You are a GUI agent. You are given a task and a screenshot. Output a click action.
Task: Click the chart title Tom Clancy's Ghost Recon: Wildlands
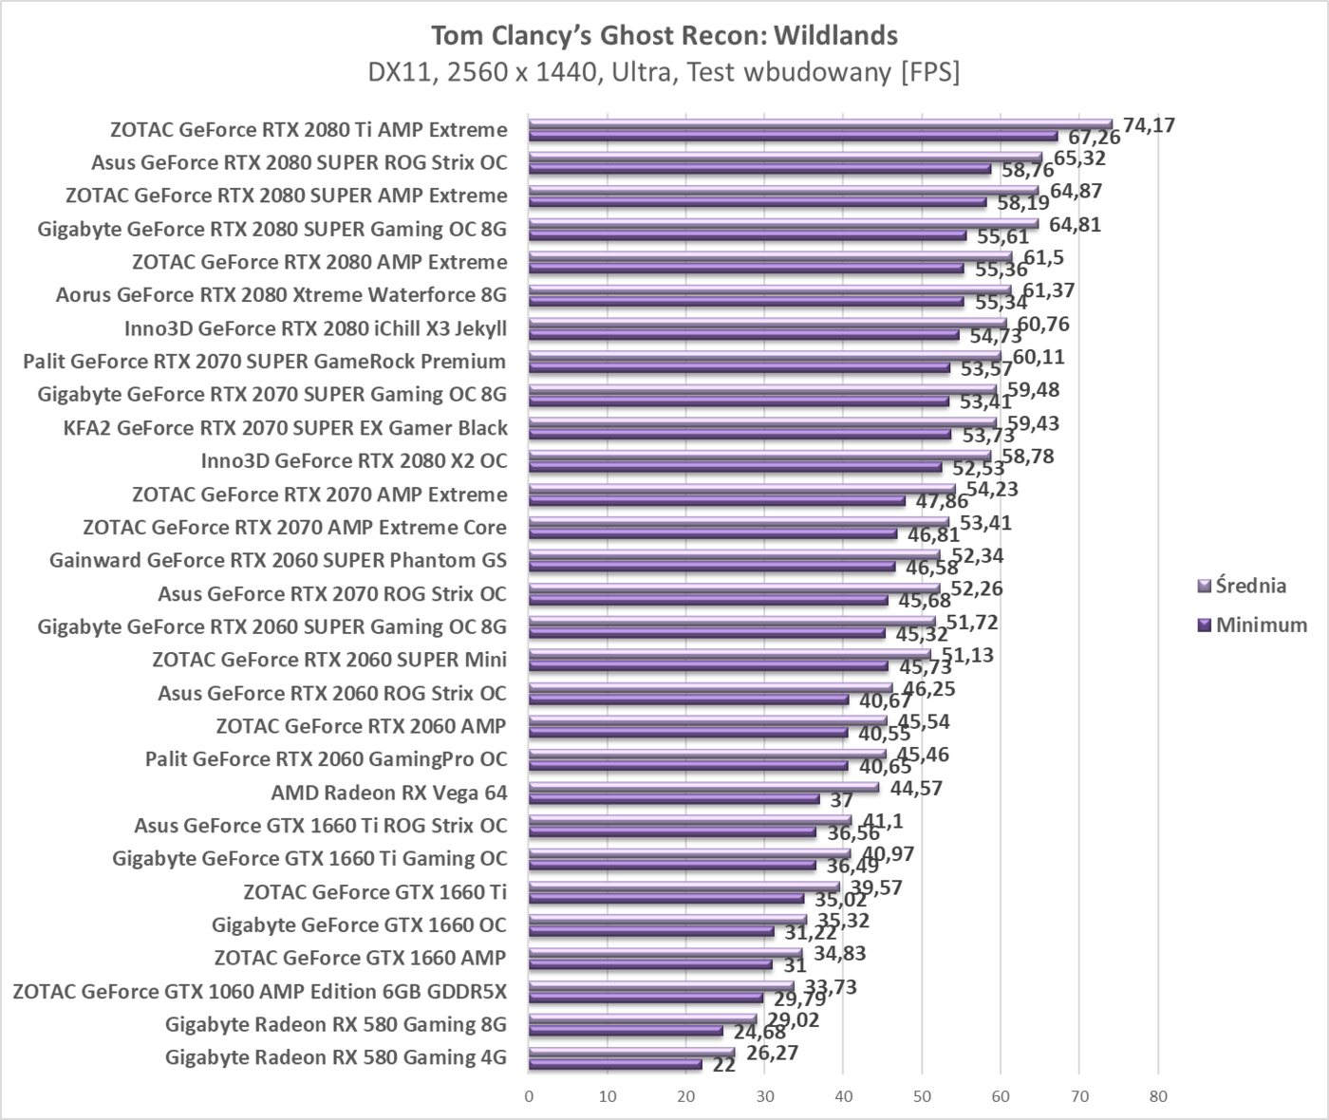click(x=664, y=35)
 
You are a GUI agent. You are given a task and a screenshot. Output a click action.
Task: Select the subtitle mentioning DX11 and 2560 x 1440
click(x=664, y=73)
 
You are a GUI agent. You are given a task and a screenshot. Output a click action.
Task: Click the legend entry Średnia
click(x=1250, y=586)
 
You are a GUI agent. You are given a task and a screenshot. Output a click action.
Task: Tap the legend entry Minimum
click(x=1261, y=625)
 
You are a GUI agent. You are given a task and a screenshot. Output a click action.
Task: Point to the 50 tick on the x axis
click(x=921, y=1096)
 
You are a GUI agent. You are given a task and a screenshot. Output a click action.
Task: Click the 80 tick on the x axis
click(x=1157, y=1096)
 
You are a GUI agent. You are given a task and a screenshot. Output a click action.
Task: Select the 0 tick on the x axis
click(x=529, y=1096)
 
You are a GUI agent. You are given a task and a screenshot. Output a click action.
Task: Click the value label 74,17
click(x=1149, y=124)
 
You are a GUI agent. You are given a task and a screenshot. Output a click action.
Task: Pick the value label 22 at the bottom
click(x=724, y=1065)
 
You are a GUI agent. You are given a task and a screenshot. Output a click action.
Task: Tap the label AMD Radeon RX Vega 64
click(x=389, y=793)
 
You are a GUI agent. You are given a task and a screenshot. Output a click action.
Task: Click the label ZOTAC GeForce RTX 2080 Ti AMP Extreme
click(x=309, y=129)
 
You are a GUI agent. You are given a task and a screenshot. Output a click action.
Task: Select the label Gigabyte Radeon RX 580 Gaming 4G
click(x=335, y=1057)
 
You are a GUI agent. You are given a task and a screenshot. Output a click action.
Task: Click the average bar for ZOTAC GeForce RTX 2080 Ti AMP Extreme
click(x=816, y=123)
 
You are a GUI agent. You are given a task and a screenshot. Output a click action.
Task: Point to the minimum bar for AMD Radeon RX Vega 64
click(x=674, y=799)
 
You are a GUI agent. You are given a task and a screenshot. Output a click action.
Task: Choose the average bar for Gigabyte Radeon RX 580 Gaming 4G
click(x=631, y=1052)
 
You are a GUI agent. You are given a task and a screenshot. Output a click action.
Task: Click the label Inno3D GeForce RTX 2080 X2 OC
click(x=354, y=461)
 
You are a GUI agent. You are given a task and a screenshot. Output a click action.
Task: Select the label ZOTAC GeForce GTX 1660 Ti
click(x=375, y=892)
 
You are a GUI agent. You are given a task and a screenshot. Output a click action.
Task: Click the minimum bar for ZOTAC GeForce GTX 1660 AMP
click(x=650, y=964)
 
